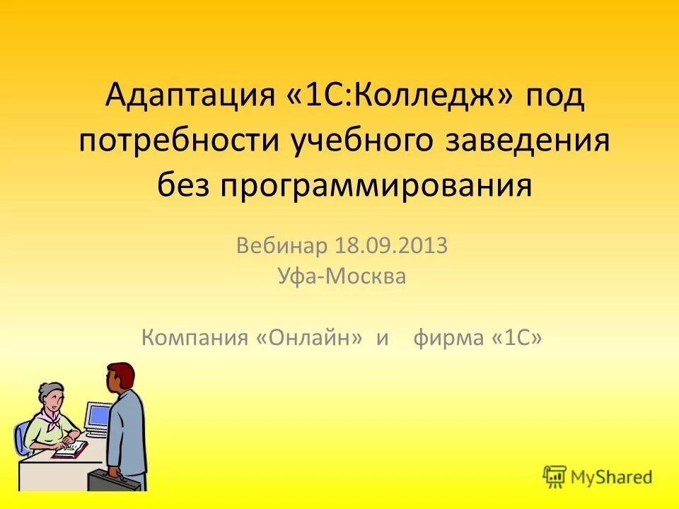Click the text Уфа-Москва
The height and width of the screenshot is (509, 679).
pyautogui.click(x=342, y=276)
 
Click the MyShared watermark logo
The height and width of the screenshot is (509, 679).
pyautogui.click(x=598, y=477)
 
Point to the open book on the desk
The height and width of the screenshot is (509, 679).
pyautogui.click(x=71, y=449)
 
